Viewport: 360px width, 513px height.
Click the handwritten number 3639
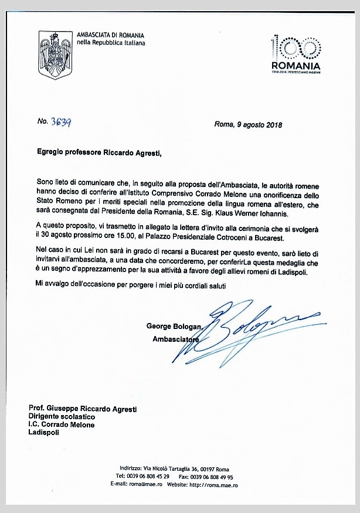point(62,122)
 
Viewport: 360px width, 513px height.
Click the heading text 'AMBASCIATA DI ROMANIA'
point(110,35)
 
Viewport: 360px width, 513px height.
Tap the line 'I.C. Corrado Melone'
point(62,424)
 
